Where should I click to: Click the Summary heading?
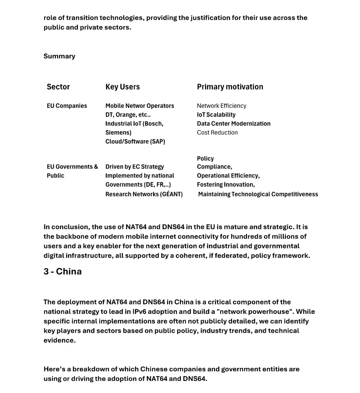click(x=59, y=56)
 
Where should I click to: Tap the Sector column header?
click(x=58, y=87)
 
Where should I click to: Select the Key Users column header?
click(x=122, y=87)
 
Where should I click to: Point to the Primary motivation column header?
click(x=230, y=87)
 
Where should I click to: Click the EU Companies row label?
click(x=67, y=106)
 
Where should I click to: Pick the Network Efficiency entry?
click(x=221, y=106)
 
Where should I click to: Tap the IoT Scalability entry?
click(x=216, y=115)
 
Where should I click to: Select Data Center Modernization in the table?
click(x=234, y=123)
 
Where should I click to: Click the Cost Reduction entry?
click(x=217, y=132)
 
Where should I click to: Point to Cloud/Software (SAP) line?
click(x=135, y=141)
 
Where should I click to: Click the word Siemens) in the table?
click(x=118, y=132)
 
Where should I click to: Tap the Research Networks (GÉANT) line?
click(x=144, y=194)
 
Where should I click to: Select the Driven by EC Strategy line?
click(x=135, y=166)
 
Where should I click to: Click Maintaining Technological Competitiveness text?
click(x=258, y=194)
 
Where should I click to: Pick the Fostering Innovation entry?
click(x=226, y=184)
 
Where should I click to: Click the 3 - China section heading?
click(x=63, y=271)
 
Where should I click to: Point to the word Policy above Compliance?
click(x=205, y=158)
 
